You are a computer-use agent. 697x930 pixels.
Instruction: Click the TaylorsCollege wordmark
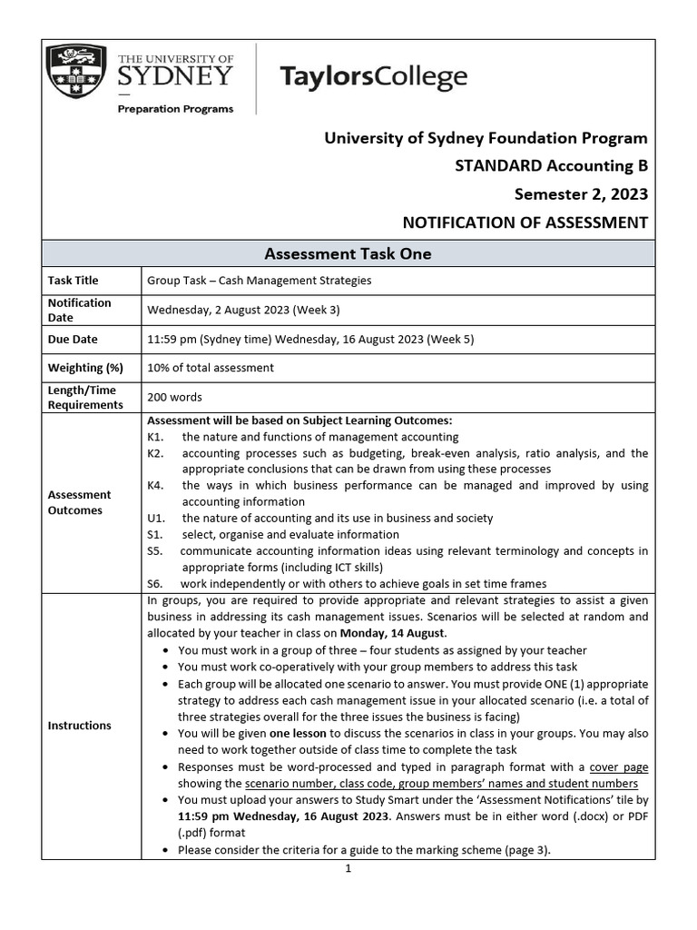[x=374, y=77]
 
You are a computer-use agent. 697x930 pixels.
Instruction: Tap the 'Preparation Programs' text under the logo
[x=174, y=109]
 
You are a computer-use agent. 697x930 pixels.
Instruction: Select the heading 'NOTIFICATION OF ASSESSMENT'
[x=525, y=223]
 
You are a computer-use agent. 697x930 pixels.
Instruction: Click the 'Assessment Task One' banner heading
[x=348, y=254]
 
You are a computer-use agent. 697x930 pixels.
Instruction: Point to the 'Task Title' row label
[x=73, y=281]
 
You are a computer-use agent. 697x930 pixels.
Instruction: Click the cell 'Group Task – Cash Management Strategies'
[x=259, y=281]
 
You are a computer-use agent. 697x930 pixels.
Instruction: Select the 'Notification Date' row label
[x=79, y=310]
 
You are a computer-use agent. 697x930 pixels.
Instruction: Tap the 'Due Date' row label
[x=71, y=339]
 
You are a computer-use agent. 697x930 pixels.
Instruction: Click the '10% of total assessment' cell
[x=210, y=368]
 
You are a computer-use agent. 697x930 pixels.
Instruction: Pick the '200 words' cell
[x=174, y=397]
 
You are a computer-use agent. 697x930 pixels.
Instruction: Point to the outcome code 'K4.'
[x=155, y=485]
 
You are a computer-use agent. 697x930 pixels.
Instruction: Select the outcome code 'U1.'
[x=155, y=518]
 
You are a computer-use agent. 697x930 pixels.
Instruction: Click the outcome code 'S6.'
[x=154, y=583]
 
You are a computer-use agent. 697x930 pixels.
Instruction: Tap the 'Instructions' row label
[x=79, y=725]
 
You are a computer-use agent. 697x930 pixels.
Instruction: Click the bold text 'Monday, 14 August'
[x=392, y=633]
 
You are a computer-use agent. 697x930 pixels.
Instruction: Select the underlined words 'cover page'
[x=618, y=767]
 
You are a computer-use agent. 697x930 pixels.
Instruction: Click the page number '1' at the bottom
[x=348, y=868]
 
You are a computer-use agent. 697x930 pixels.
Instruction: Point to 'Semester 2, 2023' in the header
[x=581, y=194]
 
